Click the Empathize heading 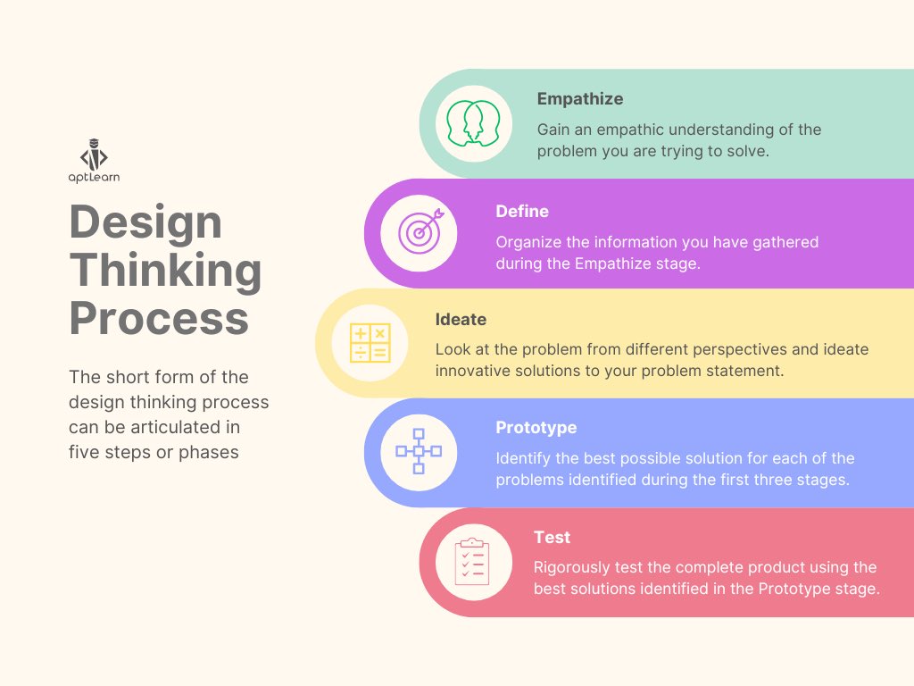579,99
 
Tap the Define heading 522,212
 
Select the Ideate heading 461,320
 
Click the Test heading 552,537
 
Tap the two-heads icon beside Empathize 474,123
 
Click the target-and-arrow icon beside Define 420,232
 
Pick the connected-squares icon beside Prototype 419,452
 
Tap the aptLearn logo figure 94,155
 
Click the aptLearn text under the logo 94,177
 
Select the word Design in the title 145,222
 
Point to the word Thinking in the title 165,271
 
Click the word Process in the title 158,319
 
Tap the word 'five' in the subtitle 87,452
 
